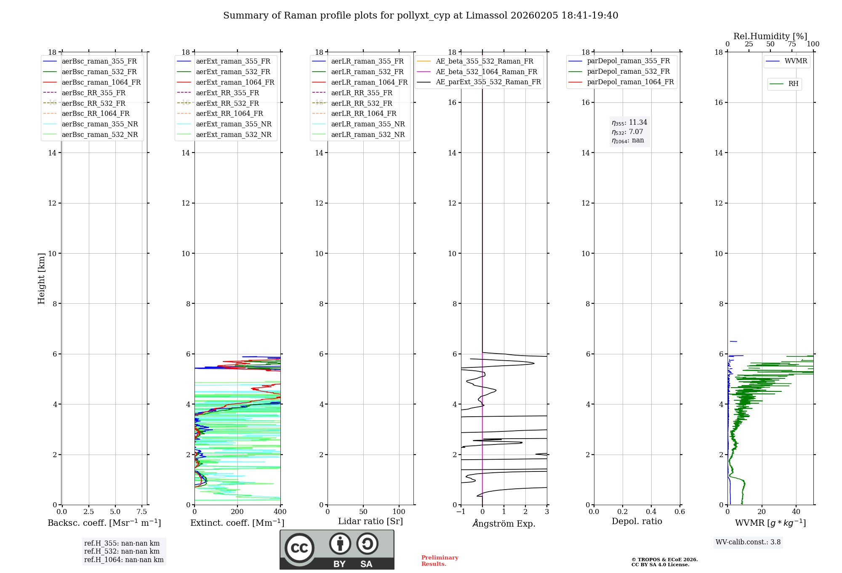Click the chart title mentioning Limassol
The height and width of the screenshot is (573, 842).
coord(421,16)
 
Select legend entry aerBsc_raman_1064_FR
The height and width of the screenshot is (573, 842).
coord(101,83)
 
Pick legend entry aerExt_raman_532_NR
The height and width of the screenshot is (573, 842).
coord(234,135)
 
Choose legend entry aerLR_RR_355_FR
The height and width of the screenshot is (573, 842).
coord(361,93)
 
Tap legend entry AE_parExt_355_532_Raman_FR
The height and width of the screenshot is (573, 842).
coord(488,82)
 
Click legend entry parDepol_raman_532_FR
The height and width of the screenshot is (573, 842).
coord(628,72)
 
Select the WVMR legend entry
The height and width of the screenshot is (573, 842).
coord(795,61)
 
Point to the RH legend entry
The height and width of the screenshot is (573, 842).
coord(793,84)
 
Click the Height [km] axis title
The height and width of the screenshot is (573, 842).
coord(41,278)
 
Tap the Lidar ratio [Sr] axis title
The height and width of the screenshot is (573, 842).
coord(370,522)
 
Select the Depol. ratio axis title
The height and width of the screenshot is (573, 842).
coord(637,522)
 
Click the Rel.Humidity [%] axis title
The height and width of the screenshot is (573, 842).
coord(770,36)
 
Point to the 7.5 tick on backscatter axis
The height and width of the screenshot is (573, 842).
coord(142,512)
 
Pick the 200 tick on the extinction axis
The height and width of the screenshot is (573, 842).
coord(237,512)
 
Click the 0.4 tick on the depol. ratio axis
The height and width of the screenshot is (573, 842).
coord(651,512)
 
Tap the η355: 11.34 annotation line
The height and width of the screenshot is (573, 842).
coord(629,123)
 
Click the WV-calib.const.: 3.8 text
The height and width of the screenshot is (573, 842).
coord(748,542)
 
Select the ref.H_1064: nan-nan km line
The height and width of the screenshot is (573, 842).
coord(124,560)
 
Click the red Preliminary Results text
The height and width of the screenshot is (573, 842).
coord(440,561)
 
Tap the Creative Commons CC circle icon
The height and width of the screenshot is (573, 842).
coord(299,548)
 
